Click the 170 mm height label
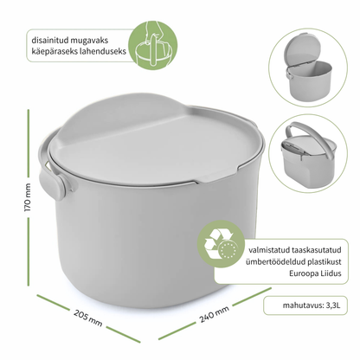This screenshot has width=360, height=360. coord(27,197)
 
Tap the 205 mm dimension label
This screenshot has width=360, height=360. coord(88,318)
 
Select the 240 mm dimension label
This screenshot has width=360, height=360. coord(214,314)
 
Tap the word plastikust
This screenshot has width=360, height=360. coord(324,261)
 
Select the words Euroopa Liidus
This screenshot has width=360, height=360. coord(315,273)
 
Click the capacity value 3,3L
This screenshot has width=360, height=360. coord(333,305)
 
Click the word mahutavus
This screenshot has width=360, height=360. coord(303,305)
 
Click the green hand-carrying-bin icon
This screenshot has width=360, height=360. coord(152,45)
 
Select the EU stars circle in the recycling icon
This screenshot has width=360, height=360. coord(228,250)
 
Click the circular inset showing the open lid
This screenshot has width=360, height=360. coord(308,67)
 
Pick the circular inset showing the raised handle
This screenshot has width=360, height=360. coord(308,154)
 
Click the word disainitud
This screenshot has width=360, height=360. coord(45,40)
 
